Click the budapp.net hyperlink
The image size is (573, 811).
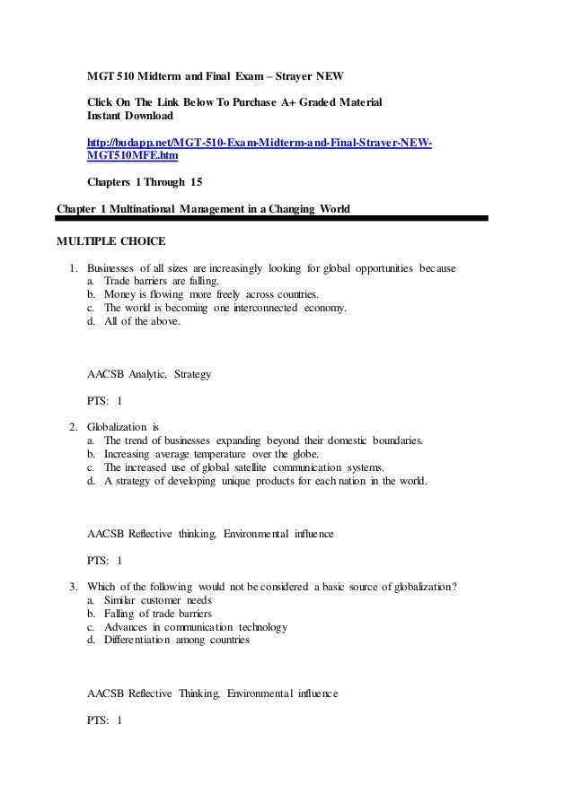(259, 144)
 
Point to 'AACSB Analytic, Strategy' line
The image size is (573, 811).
(148, 373)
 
